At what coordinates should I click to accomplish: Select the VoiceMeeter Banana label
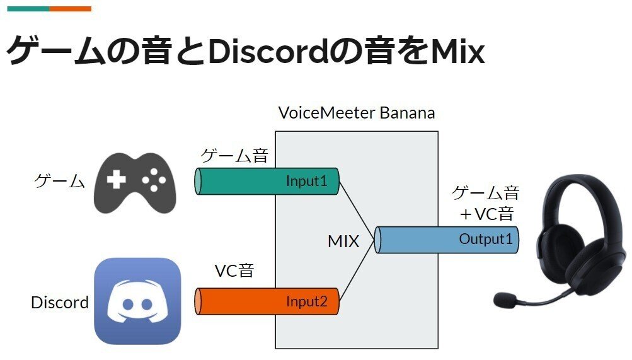coord(357,113)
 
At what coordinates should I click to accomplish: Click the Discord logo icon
coord(137,301)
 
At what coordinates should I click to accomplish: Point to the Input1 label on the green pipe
coord(307,181)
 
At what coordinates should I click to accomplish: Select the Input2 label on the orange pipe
coord(307,301)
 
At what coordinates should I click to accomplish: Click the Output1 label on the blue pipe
coord(486,240)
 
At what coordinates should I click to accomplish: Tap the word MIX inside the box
coord(343,241)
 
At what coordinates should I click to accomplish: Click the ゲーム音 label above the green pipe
coord(234,156)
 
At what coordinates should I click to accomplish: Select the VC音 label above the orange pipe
coord(234,272)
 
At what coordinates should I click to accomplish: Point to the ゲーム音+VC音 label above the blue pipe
coord(486,203)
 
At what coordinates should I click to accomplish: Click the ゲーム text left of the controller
coord(59,182)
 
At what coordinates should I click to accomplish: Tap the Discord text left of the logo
coord(60,303)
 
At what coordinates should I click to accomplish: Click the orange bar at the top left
coord(71,9)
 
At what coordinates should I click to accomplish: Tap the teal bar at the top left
coord(28,9)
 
